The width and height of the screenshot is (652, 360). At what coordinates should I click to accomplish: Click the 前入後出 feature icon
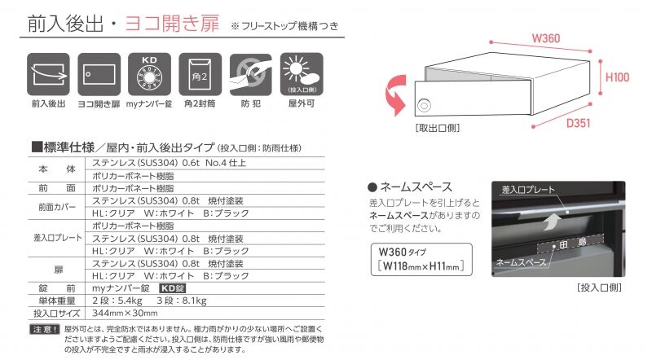coord(48,74)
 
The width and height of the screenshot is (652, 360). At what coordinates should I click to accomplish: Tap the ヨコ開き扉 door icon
coord(99,74)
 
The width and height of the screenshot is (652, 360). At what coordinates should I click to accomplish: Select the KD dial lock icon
coord(149,74)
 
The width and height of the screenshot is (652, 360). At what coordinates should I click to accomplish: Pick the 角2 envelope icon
coord(200,74)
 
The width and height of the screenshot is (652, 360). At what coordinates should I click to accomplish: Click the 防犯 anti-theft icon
coord(251,74)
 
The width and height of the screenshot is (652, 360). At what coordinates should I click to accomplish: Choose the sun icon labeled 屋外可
coord(302,74)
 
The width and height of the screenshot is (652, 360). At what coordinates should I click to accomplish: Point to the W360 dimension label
coord(546,38)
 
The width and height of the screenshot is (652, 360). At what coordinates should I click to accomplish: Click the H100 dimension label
coord(617,77)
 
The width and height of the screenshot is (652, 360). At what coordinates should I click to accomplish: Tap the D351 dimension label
coord(578,123)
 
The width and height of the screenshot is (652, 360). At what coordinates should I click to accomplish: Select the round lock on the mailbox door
coord(424,106)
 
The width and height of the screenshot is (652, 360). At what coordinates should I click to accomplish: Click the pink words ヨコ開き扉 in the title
coord(172,24)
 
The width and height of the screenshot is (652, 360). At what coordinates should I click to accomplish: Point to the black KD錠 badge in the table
coord(173,288)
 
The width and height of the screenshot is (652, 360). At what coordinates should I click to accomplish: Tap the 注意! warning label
coord(45,329)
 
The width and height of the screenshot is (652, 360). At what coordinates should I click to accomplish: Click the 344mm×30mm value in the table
coord(125,313)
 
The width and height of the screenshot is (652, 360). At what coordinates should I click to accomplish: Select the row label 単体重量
coord(57,301)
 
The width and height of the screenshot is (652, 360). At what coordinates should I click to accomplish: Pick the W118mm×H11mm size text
coord(421,266)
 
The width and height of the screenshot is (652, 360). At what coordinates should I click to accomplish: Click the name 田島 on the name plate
coord(573,243)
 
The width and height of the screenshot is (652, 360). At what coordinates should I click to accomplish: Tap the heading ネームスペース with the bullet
coord(410,187)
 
